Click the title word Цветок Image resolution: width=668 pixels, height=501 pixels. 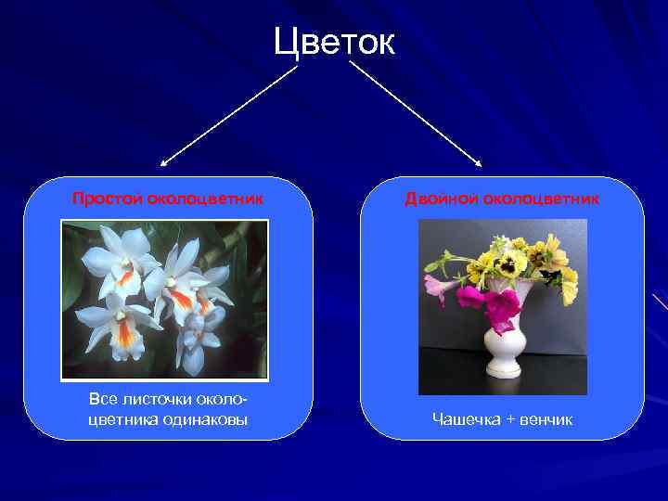(x=334, y=42)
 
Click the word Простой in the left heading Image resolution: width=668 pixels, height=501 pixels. (x=108, y=199)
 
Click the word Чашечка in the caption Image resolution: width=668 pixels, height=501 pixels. (x=466, y=419)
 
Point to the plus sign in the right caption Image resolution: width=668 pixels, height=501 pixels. (x=509, y=419)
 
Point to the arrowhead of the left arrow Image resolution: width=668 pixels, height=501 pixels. (x=162, y=164)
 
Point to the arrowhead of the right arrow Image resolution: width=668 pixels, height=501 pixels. (x=480, y=164)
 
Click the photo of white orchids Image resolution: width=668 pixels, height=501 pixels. (x=164, y=299)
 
